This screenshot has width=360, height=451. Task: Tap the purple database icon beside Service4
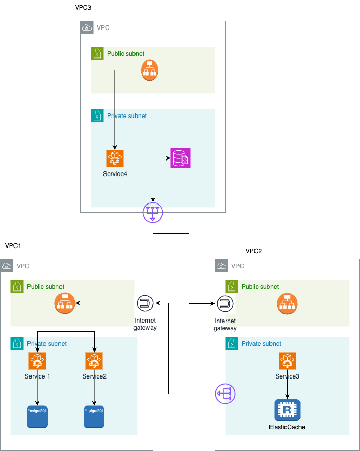[x=181, y=158]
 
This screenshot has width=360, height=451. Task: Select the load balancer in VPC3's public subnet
[x=150, y=70]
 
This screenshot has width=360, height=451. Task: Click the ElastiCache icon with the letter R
[x=287, y=410]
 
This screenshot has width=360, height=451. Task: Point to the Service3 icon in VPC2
[x=287, y=360]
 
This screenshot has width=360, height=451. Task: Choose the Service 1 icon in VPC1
[x=37, y=360]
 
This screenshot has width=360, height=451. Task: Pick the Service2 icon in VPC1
[x=94, y=360]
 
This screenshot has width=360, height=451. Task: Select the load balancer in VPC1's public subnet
[x=65, y=304]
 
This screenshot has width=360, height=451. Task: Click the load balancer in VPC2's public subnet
[x=287, y=304]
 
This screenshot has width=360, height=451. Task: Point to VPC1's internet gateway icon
[x=145, y=304]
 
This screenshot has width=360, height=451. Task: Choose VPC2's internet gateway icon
[x=225, y=304]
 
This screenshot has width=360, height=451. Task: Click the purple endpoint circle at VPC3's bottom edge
[x=153, y=212]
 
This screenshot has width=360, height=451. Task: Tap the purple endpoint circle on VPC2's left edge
[x=225, y=394]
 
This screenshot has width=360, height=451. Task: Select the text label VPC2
[x=253, y=251]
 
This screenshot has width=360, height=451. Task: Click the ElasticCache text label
[x=287, y=427]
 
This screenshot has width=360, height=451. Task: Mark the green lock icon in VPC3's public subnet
[x=97, y=53]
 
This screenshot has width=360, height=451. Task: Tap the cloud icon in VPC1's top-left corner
[x=7, y=266]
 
